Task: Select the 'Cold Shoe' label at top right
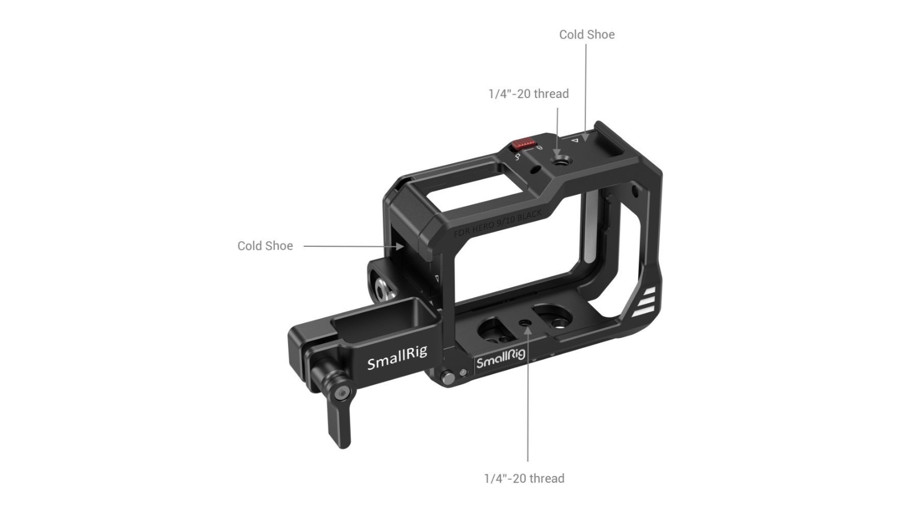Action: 586,34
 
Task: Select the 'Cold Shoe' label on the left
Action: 265,246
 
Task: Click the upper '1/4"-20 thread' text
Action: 528,93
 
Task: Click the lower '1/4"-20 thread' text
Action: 524,478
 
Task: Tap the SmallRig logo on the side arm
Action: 397,360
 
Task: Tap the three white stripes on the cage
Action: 645,302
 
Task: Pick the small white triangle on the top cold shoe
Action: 575,140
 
